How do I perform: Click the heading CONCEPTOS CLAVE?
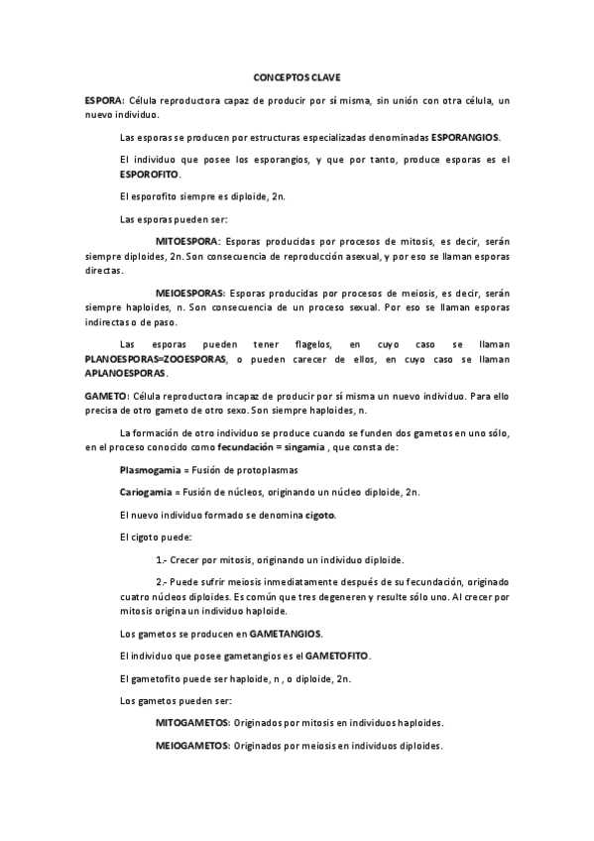point(297,76)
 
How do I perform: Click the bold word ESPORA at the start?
point(103,101)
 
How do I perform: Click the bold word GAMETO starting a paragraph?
point(104,396)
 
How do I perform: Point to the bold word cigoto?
point(319,515)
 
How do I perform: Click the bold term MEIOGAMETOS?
point(192,746)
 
